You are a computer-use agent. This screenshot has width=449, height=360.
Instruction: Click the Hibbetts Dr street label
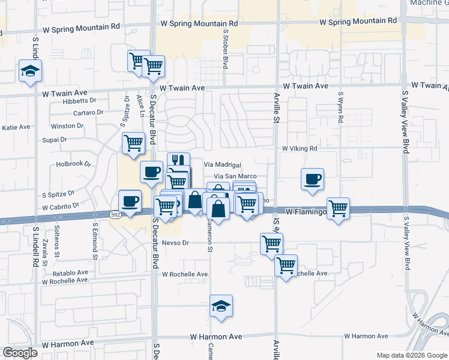67,101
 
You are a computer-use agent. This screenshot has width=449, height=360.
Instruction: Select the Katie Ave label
16,127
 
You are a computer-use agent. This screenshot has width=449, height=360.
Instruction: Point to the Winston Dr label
67,126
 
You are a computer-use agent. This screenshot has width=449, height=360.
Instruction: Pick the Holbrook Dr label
73,163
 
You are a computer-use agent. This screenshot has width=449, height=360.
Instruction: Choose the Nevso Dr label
176,243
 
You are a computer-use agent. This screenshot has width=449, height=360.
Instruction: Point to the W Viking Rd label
299,148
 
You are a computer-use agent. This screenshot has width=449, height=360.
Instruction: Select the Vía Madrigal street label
222,164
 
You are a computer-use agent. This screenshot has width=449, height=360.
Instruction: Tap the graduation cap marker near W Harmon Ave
221,306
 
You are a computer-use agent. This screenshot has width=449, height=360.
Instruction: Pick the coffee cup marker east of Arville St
312,179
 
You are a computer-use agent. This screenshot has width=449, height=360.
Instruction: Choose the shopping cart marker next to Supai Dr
133,143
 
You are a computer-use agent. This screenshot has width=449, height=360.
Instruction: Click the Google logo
20,353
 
